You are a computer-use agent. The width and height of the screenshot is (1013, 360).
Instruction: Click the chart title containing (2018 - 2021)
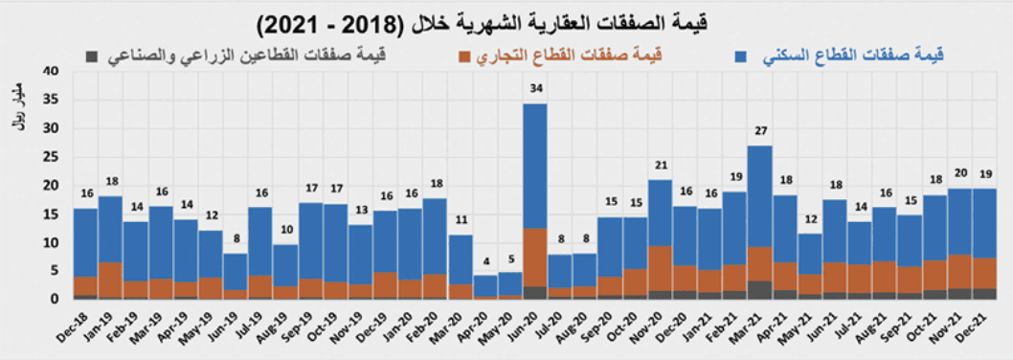pyautogui.click(x=506, y=20)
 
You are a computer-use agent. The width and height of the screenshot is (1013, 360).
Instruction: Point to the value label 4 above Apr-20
pyautogui.click(x=484, y=262)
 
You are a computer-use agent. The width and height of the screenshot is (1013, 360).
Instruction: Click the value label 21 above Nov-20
pyautogui.click(x=659, y=165)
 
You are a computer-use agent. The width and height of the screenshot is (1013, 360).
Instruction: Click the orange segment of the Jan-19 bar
pyautogui.click(x=110, y=279)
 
